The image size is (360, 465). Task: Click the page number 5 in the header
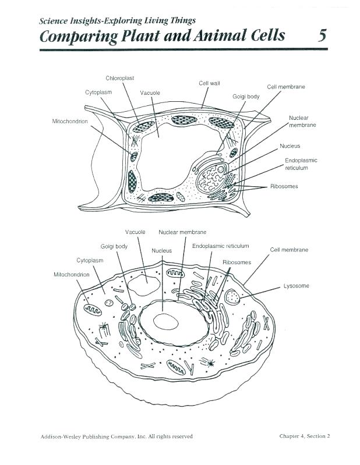pyautogui.click(x=322, y=36)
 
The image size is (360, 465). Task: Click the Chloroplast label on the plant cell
pyautogui.click(x=120, y=78)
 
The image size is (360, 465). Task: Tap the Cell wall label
pyautogui.click(x=209, y=84)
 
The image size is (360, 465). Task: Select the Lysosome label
pyautogui.click(x=296, y=286)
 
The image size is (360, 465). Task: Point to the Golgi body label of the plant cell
pyautogui.click(x=246, y=97)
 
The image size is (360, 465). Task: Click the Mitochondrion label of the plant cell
pyautogui.click(x=70, y=121)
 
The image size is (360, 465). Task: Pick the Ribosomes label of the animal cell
pyautogui.click(x=237, y=262)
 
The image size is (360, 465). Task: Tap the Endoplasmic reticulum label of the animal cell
pyautogui.click(x=220, y=246)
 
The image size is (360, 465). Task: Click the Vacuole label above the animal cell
pyautogui.click(x=135, y=232)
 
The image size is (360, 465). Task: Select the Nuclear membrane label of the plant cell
pyautogui.click(x=302, y=122)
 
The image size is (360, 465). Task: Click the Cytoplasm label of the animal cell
pyautogui.click(x=90, y=260)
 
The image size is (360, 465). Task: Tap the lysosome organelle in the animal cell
pyautogui.click(x=233, y=297)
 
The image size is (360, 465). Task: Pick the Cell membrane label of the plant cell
pyautogui.click(x=285, y=87)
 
